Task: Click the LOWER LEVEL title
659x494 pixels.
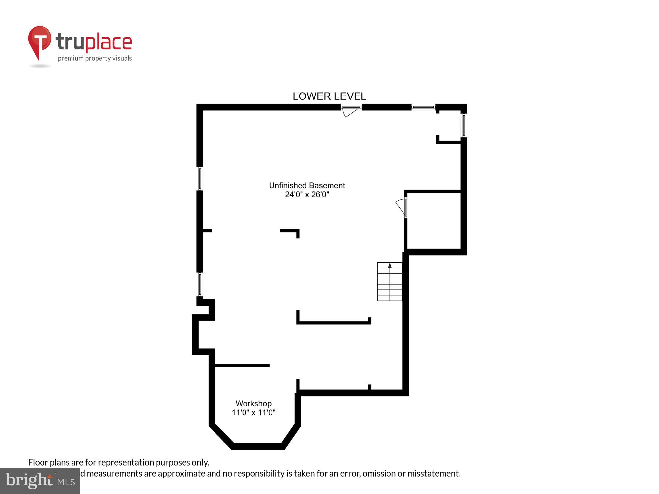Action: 329,96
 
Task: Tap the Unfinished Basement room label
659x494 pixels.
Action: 307,185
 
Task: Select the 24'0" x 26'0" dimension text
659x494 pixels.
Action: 307,195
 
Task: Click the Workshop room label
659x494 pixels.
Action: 253,403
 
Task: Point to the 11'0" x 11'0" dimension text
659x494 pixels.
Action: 253,412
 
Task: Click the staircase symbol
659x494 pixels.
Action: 389,282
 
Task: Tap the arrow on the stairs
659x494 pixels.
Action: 390,265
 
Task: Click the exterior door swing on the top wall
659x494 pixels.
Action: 350,111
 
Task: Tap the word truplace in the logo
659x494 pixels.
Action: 94,42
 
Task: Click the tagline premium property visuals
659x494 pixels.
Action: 95,59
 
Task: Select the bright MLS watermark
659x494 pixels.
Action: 40,481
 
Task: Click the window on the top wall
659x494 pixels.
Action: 423,107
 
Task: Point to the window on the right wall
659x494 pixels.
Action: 464,125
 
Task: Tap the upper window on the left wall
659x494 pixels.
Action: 200,178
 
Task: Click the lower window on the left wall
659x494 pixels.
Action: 200,284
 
